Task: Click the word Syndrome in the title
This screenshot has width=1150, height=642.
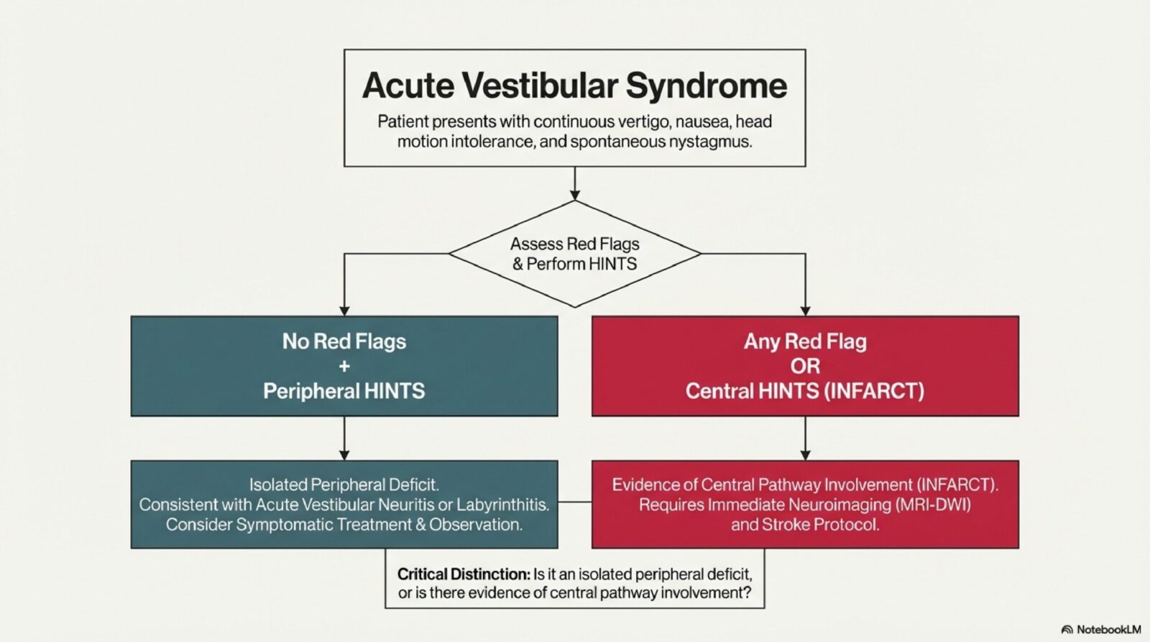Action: tap(707, 86)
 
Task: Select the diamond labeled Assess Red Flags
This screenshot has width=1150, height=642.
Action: tap(574, 254)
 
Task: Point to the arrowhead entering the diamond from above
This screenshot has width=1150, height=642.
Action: tap(574, 194)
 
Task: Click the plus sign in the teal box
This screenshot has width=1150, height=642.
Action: tap(344, 366)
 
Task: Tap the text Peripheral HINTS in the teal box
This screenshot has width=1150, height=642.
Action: tap(344, 391)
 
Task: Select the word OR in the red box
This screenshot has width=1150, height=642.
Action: tap(805, 366)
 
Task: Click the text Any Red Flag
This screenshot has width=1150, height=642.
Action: tap(805, 341)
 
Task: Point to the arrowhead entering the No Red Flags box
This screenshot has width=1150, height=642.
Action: tap(344, 311)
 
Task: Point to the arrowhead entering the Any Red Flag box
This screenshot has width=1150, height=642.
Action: tap(805, 311)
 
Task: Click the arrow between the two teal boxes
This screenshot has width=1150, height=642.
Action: tap(344, 439)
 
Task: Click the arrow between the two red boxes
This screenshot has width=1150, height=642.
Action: tap(805, 439)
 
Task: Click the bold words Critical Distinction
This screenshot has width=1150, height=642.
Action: tap(464, 574)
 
